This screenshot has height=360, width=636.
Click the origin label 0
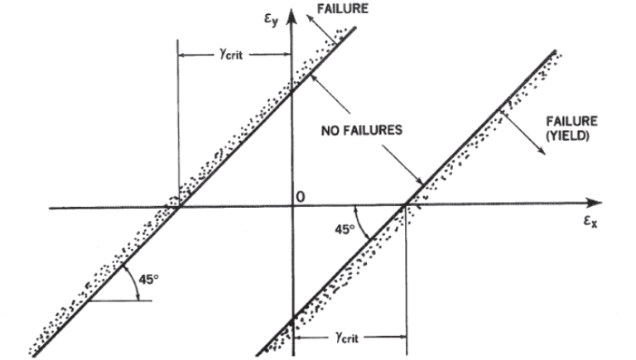coord(301,196)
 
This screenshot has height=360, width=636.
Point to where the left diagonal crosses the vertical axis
coord(291,90)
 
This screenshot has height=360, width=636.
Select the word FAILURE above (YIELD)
coord(572,121)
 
